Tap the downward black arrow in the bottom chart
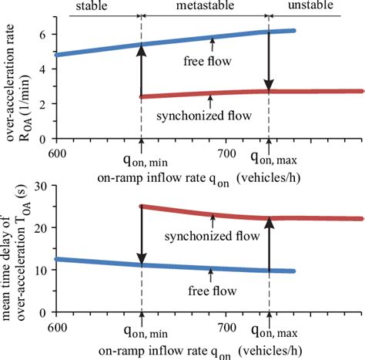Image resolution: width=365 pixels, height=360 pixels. click(142, 235)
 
